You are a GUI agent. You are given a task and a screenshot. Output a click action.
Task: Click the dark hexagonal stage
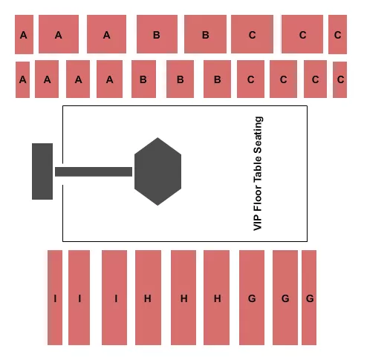(157, 171)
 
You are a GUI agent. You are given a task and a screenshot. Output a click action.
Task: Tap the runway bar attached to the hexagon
(93, 171)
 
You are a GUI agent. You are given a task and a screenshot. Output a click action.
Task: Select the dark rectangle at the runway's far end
(42, 171)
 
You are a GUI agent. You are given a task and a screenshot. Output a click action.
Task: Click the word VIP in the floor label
(259, 221)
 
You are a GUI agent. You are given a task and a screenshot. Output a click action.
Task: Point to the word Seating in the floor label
(259, 134)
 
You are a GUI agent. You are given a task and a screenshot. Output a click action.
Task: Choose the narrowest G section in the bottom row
(309, 298)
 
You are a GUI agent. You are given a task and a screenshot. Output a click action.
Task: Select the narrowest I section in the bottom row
(55, 298)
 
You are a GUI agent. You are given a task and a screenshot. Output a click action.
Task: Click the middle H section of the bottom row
(183, 298)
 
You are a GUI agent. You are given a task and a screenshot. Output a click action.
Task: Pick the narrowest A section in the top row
(24, 34)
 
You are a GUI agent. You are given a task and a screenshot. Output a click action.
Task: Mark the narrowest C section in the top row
(337, 34)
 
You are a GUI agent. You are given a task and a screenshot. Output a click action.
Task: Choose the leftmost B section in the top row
(157, 34)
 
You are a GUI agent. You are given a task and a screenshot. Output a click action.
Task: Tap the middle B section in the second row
(180, 79)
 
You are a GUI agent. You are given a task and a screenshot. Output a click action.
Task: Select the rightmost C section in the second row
(340, 79)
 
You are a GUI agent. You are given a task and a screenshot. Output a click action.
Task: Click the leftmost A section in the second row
(23, 79)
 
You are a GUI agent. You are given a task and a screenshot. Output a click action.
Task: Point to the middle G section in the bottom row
(285, 298)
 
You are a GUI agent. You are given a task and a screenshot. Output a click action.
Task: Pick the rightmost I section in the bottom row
(115, 298)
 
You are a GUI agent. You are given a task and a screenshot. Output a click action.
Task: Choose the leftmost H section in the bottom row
(148, 298)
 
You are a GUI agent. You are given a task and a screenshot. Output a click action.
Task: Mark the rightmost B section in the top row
(205, 34)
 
